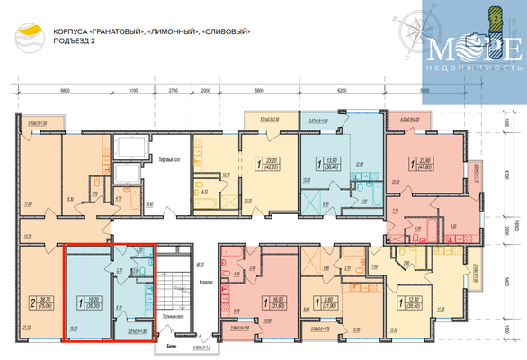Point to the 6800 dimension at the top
point(65,91)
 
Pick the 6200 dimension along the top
point(341,91)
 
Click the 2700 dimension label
point(174,91)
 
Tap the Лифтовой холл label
point(171,159)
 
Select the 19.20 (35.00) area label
point(94,303)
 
